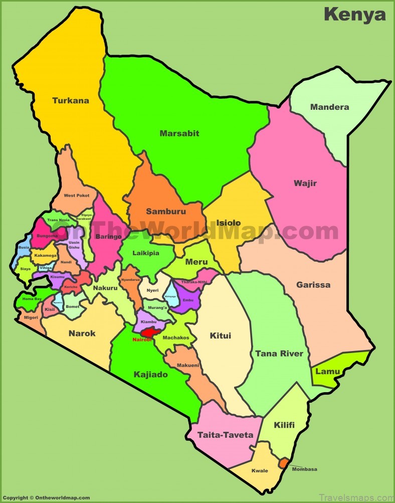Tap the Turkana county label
coord(71,100)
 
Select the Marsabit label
coord(179,133)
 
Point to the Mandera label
coord(329,107)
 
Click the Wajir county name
coord(305,183)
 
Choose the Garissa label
coord(313,285)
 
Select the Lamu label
coord(327,372)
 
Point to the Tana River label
coord(279,354)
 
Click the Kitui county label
coord(220,336)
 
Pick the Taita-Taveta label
coord(225,435)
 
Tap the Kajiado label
coord(150,374)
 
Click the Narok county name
coord(82,333)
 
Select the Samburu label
coord(165,212)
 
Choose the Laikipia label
coord(146,253)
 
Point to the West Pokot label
coord(76,195)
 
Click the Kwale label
coord(260,470)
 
